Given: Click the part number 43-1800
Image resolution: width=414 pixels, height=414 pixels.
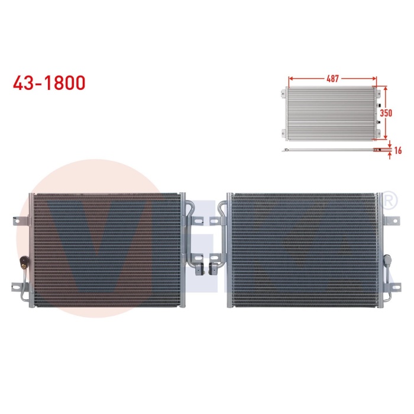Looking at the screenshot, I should click(49, 82).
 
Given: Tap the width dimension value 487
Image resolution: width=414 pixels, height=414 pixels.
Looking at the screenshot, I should click(332, 77).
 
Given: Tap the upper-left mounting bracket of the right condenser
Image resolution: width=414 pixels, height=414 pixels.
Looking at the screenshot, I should click(222, 206).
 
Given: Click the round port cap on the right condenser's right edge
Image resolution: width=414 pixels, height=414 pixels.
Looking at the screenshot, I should click(387, 260).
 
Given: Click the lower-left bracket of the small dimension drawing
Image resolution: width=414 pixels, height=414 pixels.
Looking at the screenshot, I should click(282, 134).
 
